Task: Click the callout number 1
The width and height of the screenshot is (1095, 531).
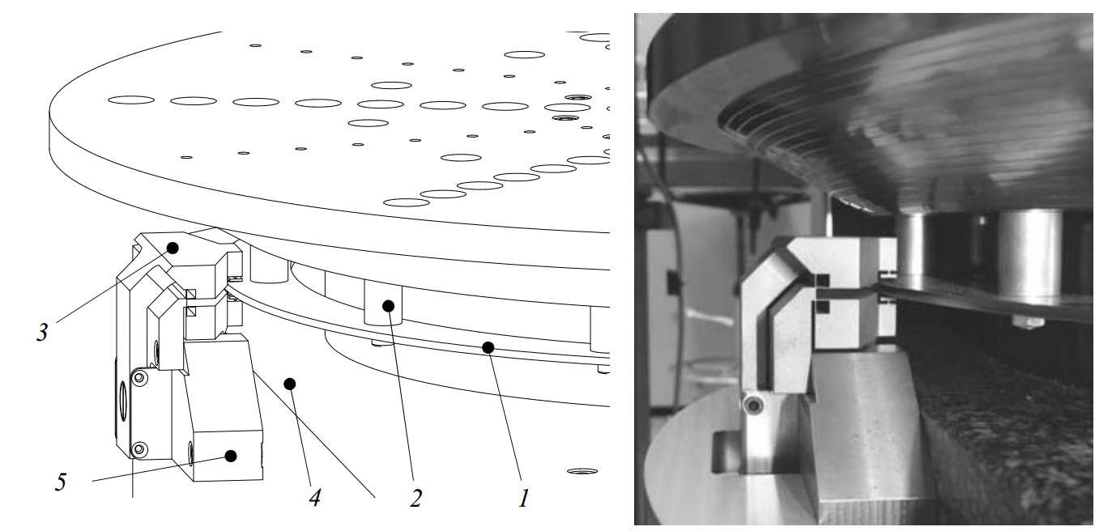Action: [523, 499]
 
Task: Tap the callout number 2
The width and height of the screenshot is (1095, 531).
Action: [416, 499]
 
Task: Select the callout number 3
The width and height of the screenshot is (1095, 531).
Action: [43, 332]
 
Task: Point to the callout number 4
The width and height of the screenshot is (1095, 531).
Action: [315, 499]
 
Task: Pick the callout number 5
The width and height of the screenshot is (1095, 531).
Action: [60, 482]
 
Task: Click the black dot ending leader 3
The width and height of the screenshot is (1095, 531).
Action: [172, 248]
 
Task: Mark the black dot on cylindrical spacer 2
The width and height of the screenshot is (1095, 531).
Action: [388, 306]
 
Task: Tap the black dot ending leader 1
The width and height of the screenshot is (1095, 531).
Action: [488, 348]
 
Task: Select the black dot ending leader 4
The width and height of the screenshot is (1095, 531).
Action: [290, 384]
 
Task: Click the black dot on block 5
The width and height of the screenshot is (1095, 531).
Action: [231, 456]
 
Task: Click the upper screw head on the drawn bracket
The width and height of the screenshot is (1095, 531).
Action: [140, 378]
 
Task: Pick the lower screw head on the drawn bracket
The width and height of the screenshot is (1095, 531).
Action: [140, 448]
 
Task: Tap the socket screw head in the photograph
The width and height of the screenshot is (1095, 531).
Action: [753, 405]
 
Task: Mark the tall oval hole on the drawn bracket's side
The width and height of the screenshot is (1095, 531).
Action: [122, 400]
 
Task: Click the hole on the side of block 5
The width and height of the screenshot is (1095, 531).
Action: [190, 452]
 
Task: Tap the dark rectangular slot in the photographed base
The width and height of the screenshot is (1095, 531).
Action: [727, 452]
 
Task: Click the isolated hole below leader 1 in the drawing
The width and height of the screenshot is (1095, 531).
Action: [582, 471]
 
